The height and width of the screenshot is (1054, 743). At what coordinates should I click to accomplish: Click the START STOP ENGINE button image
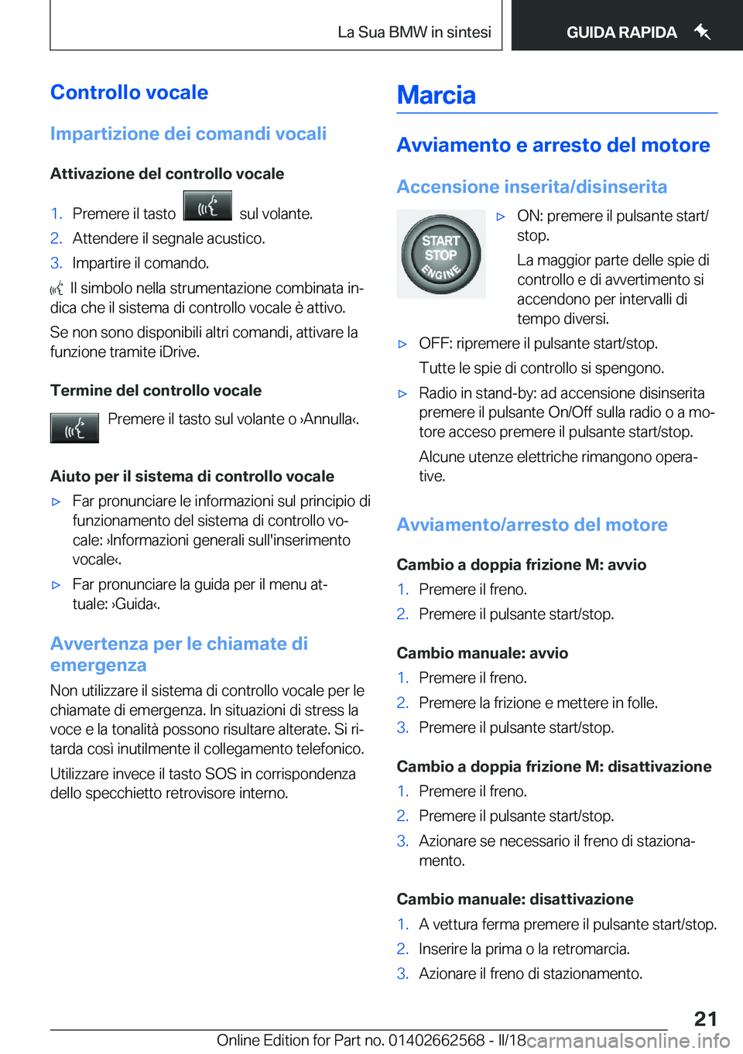(440, 255)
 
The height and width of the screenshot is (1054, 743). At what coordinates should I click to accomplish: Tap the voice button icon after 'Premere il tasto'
(207, 207)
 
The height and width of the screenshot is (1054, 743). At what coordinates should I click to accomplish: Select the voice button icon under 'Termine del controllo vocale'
(74, 428)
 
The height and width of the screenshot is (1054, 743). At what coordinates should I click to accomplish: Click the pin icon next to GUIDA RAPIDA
(702, 32)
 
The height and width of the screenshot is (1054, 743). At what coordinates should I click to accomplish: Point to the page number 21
(705, 1018)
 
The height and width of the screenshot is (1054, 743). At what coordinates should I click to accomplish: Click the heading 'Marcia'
(436, 95)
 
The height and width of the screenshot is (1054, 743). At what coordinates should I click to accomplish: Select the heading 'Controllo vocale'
(129, 92)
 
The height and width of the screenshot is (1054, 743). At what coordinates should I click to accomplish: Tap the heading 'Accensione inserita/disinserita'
(532, 187)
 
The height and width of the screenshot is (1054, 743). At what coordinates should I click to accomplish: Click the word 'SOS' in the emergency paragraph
(221, 774)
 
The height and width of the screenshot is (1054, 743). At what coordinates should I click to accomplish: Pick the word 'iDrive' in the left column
(179, 352)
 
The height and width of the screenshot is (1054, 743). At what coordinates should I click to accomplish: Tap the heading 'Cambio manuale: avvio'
(482, 653)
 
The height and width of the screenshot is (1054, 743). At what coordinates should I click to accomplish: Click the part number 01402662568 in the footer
(437, 1040)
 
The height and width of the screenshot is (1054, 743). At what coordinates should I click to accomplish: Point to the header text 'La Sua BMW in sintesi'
(414, 33)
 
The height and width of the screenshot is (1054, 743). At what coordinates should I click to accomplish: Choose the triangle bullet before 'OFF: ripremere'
(402, 344)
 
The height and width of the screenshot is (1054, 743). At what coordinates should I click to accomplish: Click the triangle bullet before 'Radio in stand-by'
(402, 393)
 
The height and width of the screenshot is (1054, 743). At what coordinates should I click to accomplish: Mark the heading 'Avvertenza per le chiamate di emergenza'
(179, 654)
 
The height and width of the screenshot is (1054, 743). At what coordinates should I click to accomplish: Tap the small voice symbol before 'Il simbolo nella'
(57, 289)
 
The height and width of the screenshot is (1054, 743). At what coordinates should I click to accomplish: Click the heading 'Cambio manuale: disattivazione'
(515, 899)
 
